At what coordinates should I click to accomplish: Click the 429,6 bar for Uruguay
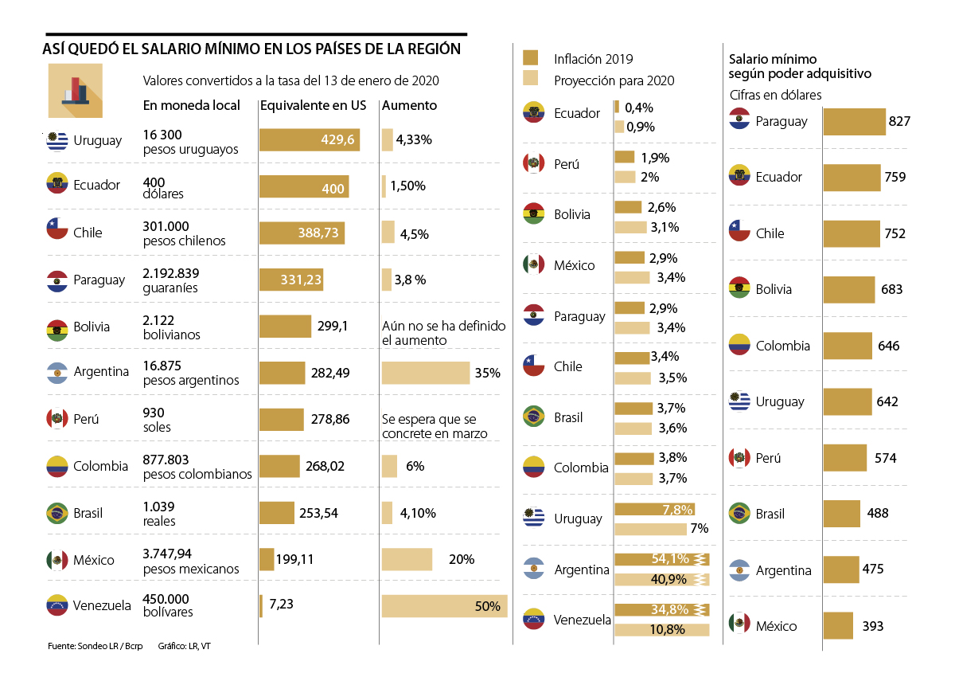click(309, 139)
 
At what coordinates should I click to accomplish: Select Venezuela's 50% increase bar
click(443, 606)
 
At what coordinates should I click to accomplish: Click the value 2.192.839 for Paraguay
click(177, 273)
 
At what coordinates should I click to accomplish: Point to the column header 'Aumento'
click(409, 105)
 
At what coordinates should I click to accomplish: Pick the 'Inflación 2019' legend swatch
click(530, 58)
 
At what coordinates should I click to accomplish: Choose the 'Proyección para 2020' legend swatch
click(530, 79)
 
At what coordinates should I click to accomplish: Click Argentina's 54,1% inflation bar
click(661, 559)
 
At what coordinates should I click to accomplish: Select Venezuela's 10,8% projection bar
click(661, 629)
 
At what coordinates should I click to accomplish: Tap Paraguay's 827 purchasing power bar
click(854, 122)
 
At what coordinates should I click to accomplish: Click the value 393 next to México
click(872, 626)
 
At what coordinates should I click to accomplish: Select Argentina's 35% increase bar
click(426, 373)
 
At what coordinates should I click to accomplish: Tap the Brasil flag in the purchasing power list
click(739, 513)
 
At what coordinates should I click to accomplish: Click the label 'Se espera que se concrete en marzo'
click(434, 426)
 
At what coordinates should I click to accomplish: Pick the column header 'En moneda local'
click(191, 105)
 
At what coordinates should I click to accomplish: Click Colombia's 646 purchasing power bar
click(848, 346)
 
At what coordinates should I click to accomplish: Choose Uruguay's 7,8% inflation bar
click(654, 509)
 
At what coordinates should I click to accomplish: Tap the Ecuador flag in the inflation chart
click(533, 112)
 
